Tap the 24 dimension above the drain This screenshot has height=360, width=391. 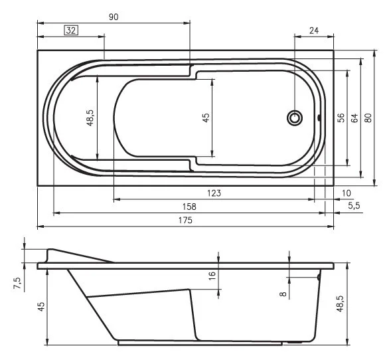pyautogui.click(x=314, y=30)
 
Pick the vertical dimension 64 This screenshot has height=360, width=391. pyautogui.click(x=354, y=118)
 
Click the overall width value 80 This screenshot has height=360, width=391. pyautogui.click(x=368, y=118)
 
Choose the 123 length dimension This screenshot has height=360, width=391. pyautogui.click(x=214, y=193)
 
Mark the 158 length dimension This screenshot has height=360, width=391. pyautogui.click(x=189, y=207)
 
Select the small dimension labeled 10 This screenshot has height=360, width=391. pyautogui.click(x=346, y=193)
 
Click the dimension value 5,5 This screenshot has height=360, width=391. pyautogui.click(x=354, y=207)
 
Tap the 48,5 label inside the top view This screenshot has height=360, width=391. pyautogui.click(x=90, y=118)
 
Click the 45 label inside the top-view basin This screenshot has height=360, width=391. pyautogui.click(x=206, y=118)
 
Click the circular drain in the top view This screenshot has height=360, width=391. pyautogui.click(x=294, y=118)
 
